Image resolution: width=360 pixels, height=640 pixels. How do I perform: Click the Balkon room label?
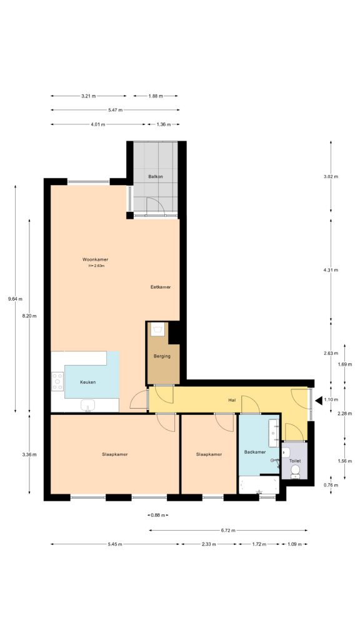156,177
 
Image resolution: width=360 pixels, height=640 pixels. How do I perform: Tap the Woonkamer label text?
96,259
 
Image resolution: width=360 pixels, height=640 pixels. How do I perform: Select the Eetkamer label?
161,287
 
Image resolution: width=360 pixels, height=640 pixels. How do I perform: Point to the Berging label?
162,357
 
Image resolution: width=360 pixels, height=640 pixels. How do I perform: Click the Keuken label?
88,382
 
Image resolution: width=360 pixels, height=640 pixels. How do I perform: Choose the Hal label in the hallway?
231,400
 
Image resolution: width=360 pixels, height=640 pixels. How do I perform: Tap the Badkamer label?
255,451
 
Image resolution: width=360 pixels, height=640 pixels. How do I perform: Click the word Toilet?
294,461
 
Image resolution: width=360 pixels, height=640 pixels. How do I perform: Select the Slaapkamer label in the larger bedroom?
115,454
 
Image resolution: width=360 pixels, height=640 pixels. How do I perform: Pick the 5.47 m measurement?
115,110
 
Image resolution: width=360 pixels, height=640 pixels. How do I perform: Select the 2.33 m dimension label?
209,544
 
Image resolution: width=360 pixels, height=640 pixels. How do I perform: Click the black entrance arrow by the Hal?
318,400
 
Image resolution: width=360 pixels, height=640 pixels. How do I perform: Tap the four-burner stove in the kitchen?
57,381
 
